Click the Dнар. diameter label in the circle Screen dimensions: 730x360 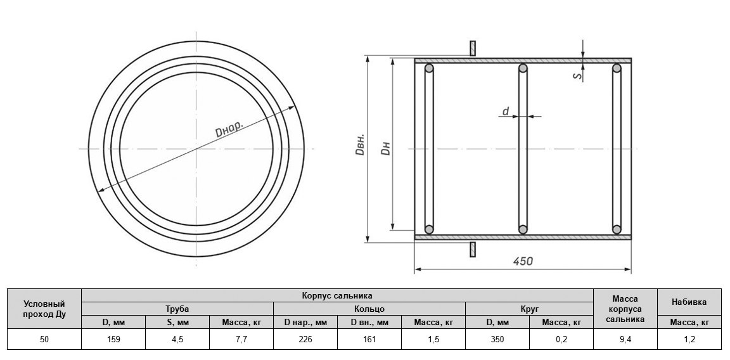point(229,129)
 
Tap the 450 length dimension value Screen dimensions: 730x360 point(523,261)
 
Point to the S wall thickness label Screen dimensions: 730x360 point(577,75)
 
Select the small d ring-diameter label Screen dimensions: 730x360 point(506,111)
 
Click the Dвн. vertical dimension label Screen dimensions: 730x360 point(360,145)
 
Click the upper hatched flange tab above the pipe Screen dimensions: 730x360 point(473,48)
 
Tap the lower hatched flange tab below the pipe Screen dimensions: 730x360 point(473,249)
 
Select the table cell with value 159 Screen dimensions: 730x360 point(113,339)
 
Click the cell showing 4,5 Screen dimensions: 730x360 point(177,339)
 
